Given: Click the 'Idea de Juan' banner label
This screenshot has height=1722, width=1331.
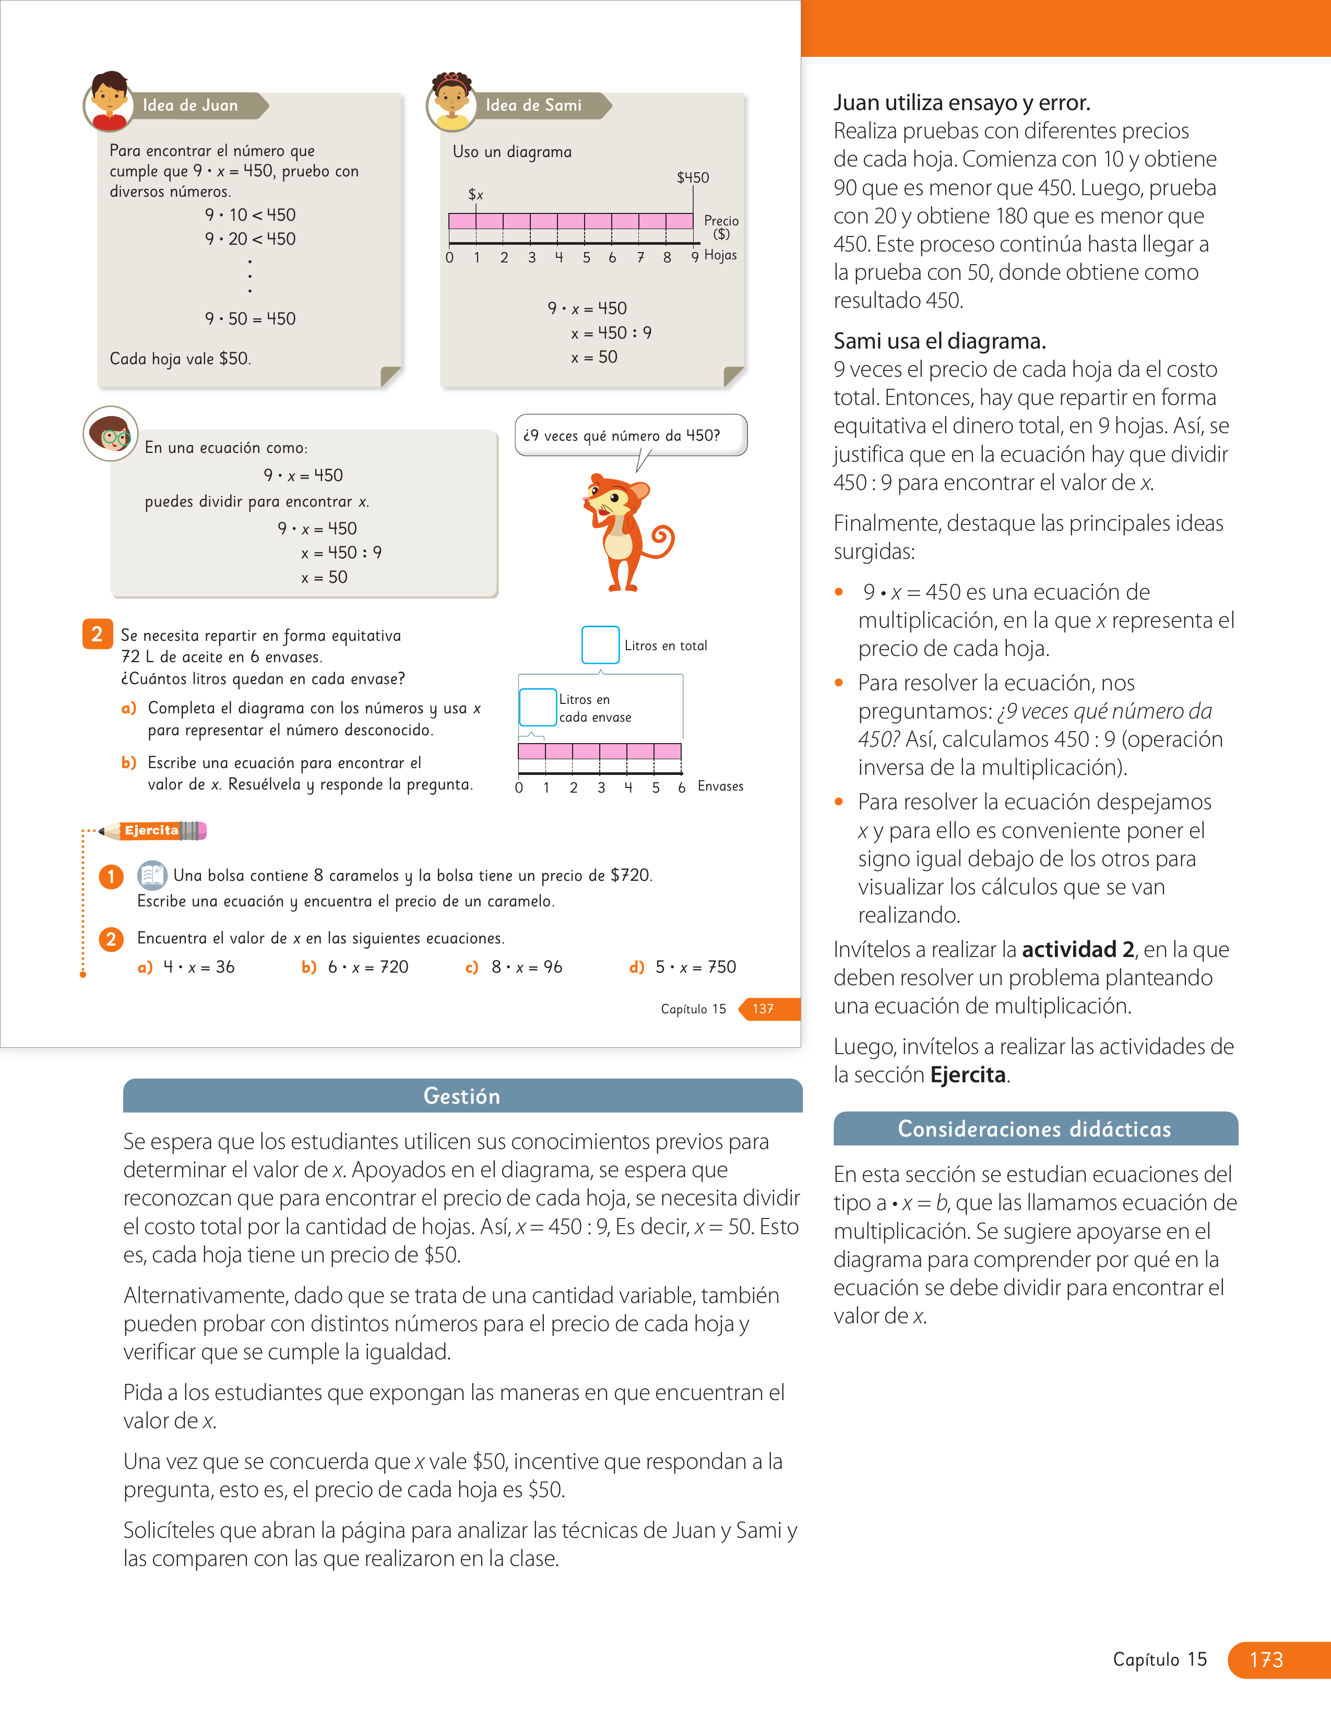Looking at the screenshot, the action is (x=190, y=105).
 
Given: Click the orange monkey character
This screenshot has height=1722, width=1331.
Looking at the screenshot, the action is (x=627, y=532).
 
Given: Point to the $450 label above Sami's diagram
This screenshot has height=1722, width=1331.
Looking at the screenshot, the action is (x=693, y=177).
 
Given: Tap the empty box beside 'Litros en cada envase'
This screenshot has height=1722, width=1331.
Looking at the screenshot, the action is (x=538, y=707).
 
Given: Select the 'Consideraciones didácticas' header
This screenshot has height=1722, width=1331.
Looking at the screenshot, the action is (x=1036, y=1128).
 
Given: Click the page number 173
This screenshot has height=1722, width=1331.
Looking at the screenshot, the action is (x=1266, y=1660).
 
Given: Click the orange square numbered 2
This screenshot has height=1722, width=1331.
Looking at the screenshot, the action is (x=97, y=634).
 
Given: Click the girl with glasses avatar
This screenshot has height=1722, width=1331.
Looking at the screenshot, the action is (x=110, y=434).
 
